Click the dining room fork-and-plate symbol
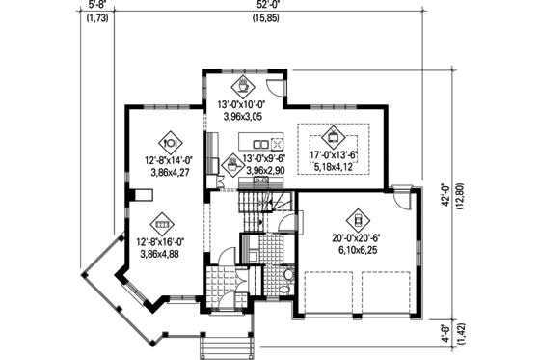pyautogui.click(x=163, y=136)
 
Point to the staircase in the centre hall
pyautogui.click(x=258, y=207)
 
